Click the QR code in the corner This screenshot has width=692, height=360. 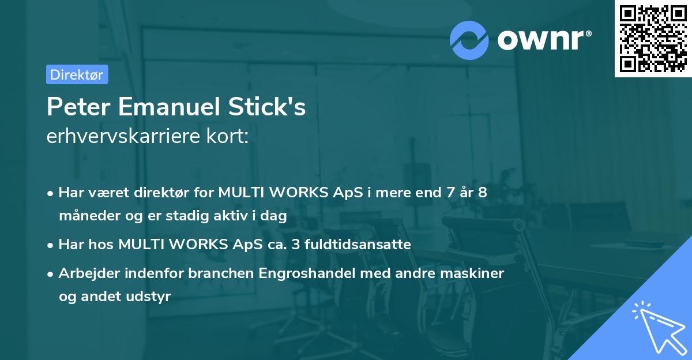point(653,39)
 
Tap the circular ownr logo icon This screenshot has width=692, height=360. point(469,40)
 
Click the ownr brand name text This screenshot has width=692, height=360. point(543,40)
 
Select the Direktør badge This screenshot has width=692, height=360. point(77,74)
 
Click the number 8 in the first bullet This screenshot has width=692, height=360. point(482,193)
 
